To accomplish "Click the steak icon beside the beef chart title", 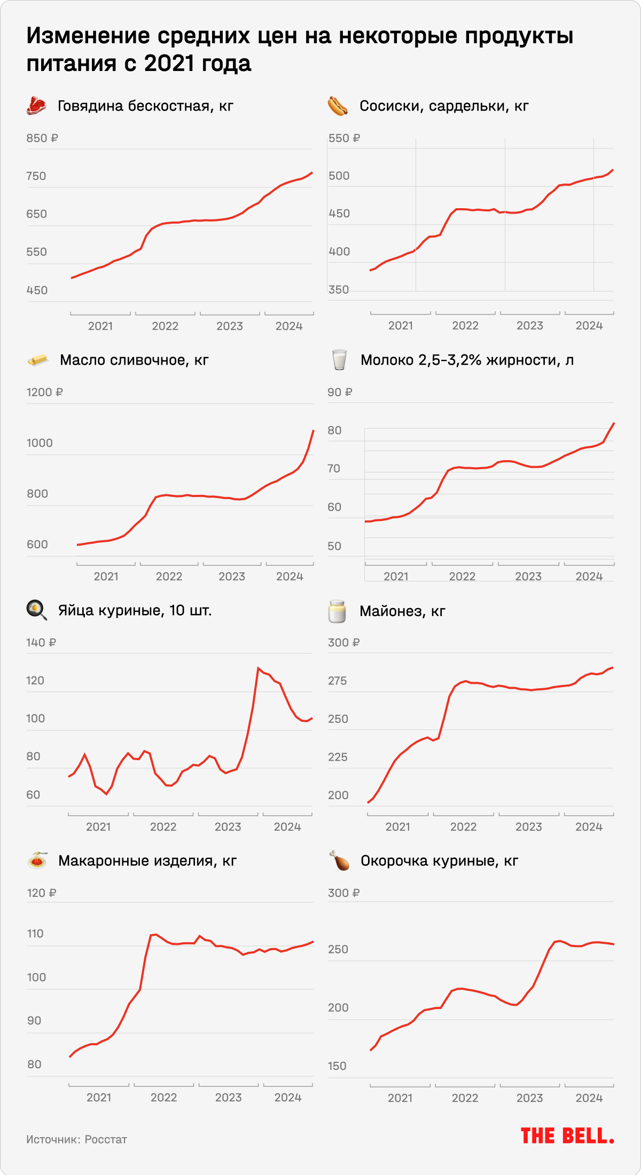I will [36, 106].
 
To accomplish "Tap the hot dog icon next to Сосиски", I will [338, 106].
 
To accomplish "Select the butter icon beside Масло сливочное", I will [37, 360].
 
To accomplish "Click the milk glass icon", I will [339, 360].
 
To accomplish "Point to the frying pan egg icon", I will [36, 610].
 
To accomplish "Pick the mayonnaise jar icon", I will [337, 611].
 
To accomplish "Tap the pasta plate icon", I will [37, 860].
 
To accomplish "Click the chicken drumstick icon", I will [339, 861].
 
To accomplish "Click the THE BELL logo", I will [567, 1136].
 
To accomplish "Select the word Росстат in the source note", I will [106, 1139].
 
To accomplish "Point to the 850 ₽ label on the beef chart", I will [42, 138].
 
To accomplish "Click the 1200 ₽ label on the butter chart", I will [45, 392].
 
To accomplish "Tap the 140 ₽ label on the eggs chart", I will [41, 643].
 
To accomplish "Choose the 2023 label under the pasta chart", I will [228, 1097].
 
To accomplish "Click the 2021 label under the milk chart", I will [396, 577].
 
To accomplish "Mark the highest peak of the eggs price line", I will [258, 668].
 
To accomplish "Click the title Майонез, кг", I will [402, 611].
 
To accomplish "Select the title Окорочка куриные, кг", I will [439, 861].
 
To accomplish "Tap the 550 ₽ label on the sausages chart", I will [344, 138].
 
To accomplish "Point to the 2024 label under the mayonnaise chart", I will [589, 827].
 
